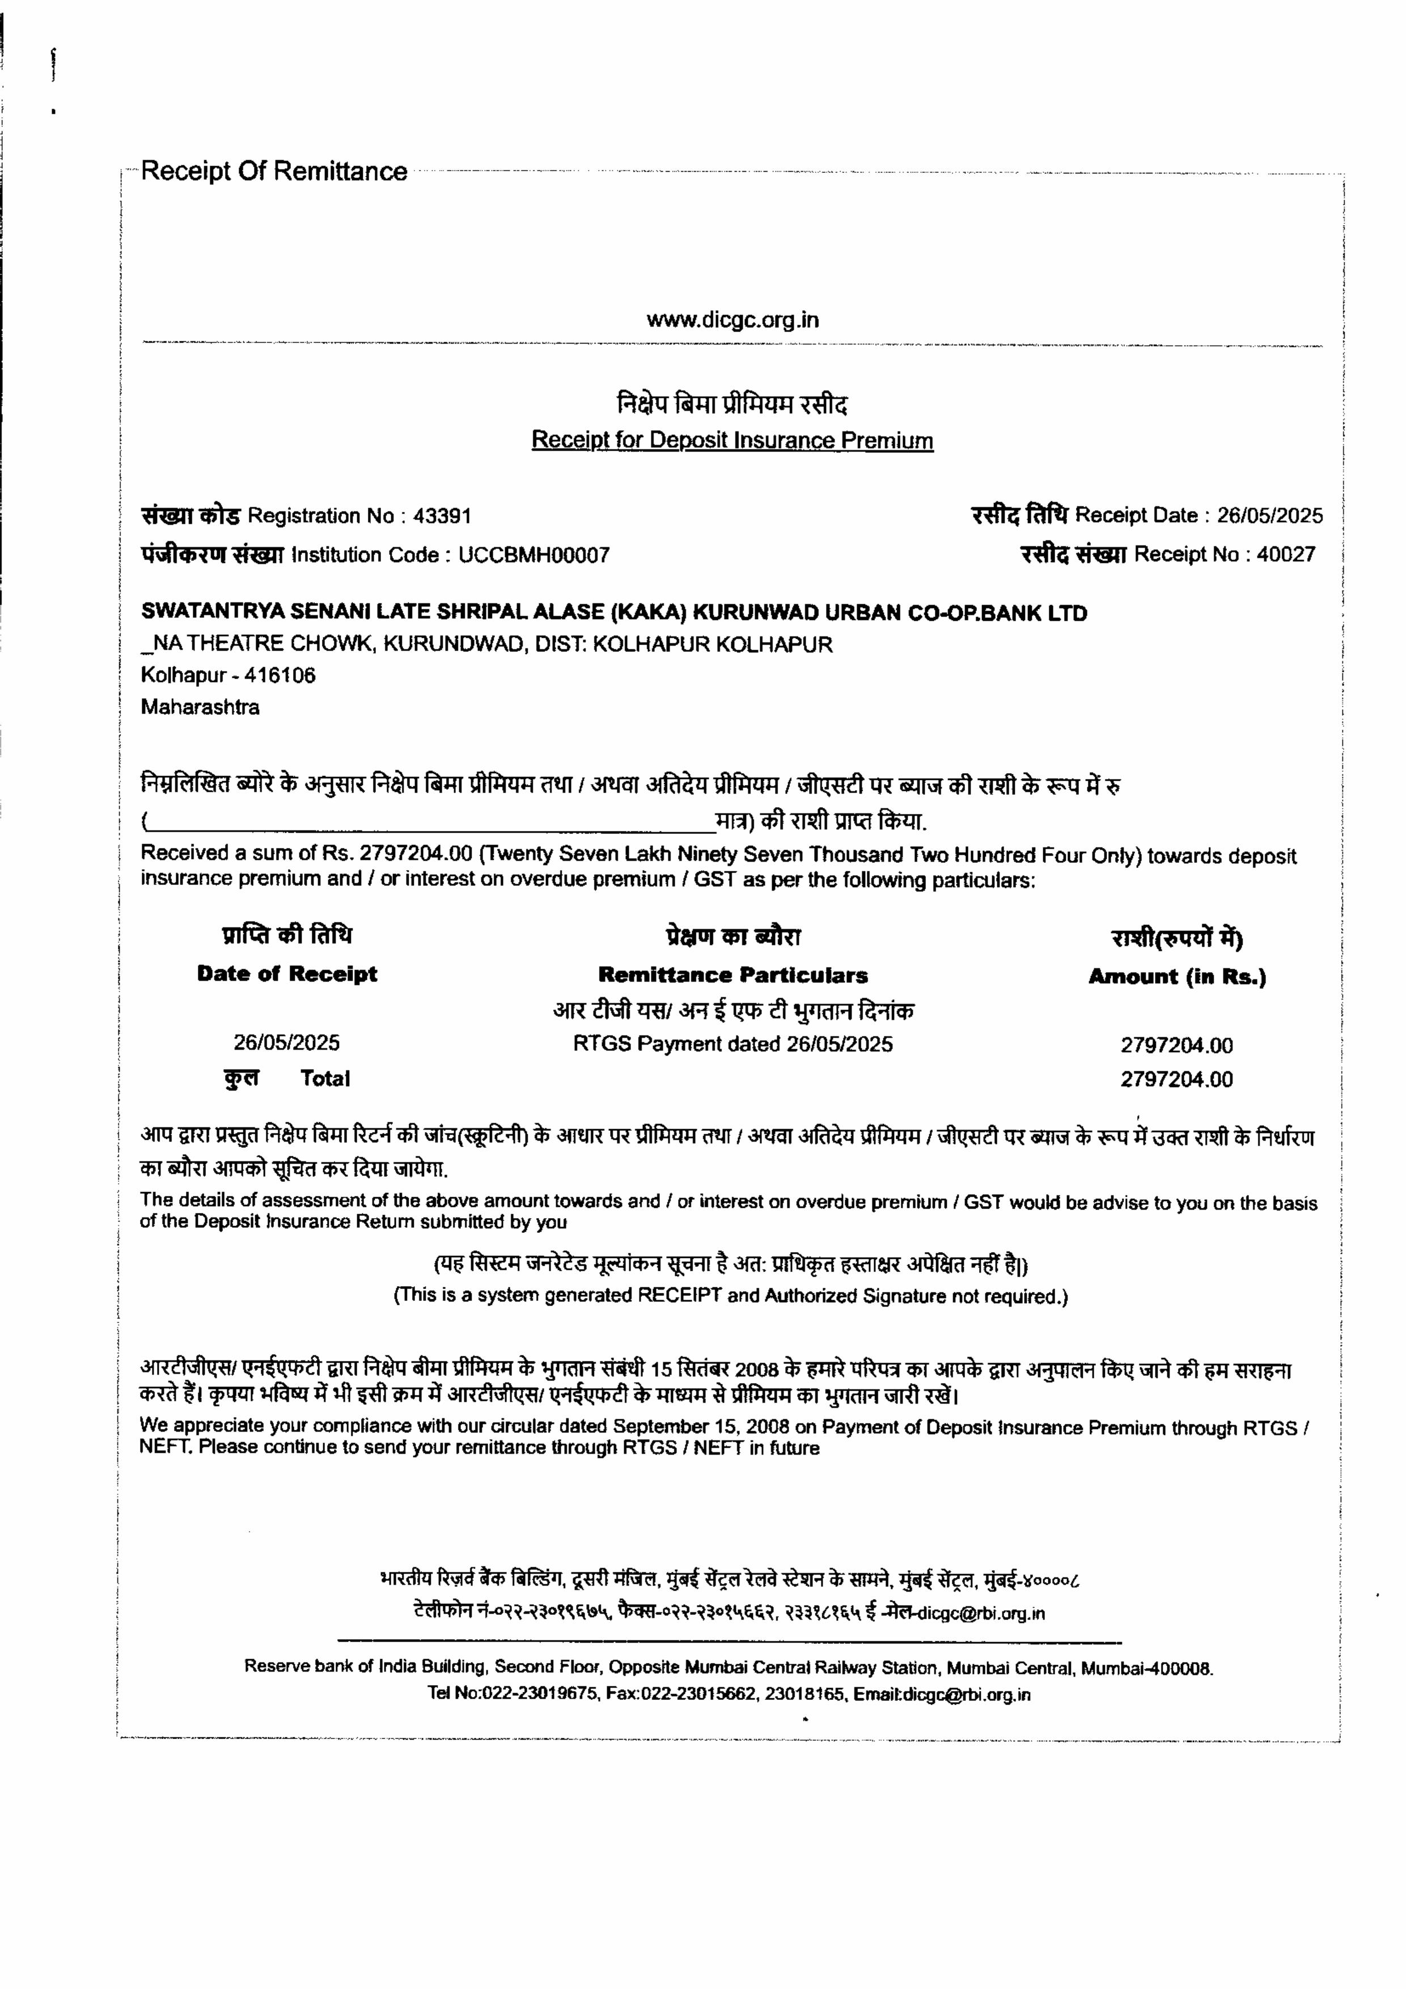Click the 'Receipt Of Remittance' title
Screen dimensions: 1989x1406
click(x=274, y=172)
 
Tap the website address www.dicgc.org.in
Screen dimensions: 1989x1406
click(x=732, y=320)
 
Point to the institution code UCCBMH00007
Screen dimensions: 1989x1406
click(x=533, y=555)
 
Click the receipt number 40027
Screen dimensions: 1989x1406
click(x=1286, y=554)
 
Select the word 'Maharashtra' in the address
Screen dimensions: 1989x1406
click(x=200, y=707)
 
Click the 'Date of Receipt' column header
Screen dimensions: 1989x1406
click(x=287, y=974)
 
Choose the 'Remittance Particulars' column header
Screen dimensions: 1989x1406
click(x=733, y=976)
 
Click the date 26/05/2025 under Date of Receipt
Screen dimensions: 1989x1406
click(x=287, y=1042)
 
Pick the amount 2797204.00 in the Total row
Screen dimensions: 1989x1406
click(x=1176, y=1079)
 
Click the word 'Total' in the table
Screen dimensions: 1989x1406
click(x=325, y=1079)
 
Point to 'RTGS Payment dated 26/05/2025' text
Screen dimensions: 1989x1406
click(x=733, y=1044)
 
